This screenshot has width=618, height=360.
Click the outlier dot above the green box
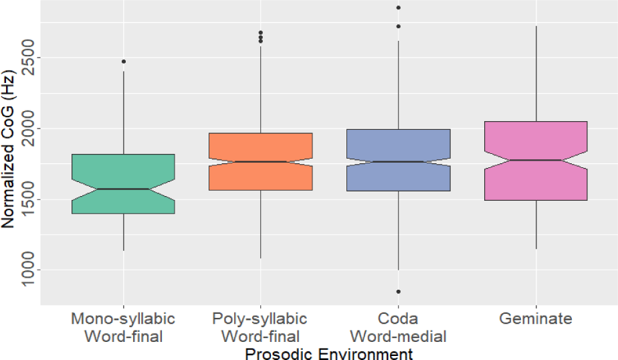coord(123,62)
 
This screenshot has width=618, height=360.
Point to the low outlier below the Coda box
coord(398,292)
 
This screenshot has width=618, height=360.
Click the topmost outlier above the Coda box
coord(398,8)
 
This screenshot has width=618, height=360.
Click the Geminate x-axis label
coord(536,319)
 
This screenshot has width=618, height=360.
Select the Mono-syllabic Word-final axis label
coord(123,327)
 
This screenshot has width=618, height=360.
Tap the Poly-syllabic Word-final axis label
coord(260,327)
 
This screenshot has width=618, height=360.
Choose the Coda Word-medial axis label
coord(398,327)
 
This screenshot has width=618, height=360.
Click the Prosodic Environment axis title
coord(328,352)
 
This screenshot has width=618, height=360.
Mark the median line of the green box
coord(123,189)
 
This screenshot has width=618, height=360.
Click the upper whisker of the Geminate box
coord(536,74)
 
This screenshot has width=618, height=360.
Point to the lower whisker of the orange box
coord(260,224)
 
